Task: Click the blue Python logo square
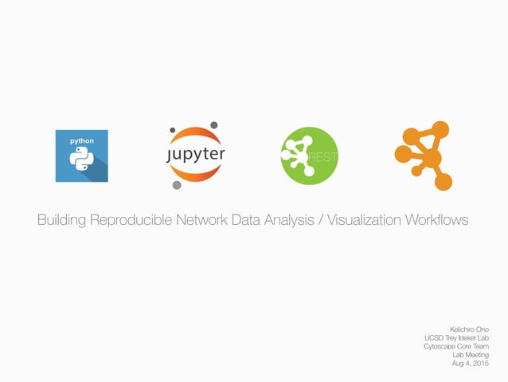81,156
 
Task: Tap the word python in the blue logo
81,140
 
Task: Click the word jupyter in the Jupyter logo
196,154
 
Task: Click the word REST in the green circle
323,156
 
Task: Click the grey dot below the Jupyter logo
177,186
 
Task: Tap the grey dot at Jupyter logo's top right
214,125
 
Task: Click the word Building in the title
65,219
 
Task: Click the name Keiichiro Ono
469,329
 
